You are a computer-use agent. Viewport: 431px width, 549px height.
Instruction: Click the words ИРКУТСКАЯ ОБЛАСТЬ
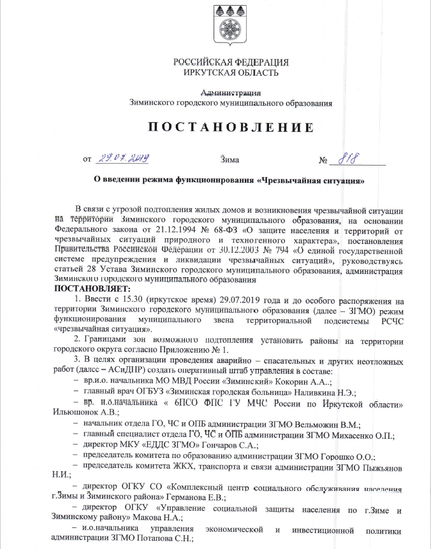[x=230, y=73]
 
